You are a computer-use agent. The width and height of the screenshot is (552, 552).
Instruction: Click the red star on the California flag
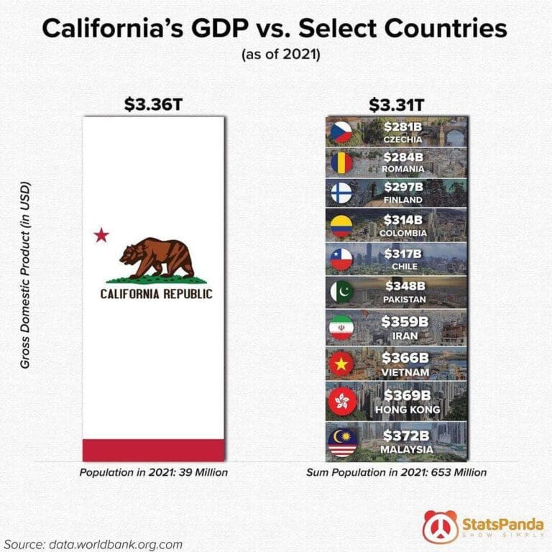click(101, 235)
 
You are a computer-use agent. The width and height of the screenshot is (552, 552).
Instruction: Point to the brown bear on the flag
click(157, 258)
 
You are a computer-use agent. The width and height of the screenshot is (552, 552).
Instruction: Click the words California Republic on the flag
click(156, 294)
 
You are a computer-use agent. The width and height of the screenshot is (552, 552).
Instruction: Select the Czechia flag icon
click(340, 132)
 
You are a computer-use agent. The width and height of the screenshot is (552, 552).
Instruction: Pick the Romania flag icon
click(340, 162)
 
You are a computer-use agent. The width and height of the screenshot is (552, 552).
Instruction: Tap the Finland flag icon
click(340, 194)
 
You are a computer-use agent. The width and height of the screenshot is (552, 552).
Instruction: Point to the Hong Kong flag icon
click(340, 401)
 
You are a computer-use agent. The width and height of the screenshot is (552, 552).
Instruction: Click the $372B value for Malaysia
click(407, 436)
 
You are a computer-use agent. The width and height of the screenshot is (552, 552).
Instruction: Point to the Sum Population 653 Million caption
click(396, 473)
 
